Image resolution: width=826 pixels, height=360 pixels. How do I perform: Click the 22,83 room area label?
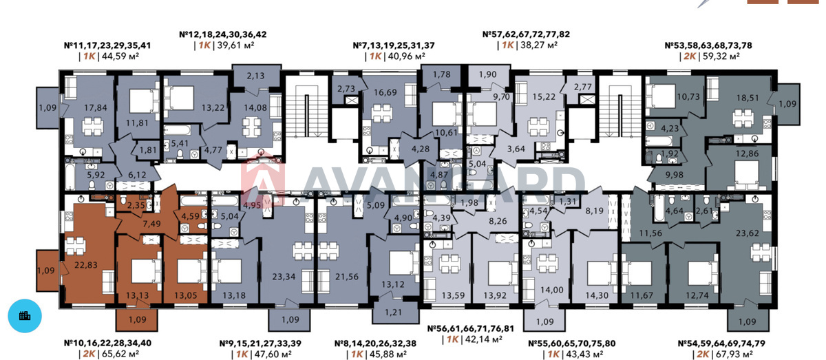(86, 265)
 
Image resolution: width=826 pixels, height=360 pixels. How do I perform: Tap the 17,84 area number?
(96, 107)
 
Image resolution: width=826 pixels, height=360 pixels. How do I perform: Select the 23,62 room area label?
(748, 233)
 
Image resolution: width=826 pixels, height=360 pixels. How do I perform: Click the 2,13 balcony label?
(255, 76)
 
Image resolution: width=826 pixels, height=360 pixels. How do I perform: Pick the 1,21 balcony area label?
(394, 313)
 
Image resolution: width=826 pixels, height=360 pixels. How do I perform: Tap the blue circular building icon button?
(25, 316)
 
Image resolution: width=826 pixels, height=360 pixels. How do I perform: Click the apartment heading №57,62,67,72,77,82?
(526, 34)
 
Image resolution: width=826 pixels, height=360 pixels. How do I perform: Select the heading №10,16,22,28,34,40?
(107, 343)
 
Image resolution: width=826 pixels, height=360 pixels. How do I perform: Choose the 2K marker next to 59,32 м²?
(690, 56)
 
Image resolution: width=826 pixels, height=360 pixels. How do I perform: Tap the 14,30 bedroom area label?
(597, 295)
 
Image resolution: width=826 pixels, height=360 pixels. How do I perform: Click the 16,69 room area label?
(385, 93)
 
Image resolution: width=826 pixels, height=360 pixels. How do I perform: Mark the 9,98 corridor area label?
(674, 176)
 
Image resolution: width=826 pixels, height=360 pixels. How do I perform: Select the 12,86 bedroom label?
(747, 153)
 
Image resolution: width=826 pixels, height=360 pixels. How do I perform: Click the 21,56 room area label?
(347, 277)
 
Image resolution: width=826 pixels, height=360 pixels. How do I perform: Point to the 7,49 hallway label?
(151, 224)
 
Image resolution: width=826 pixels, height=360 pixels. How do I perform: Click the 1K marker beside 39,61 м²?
(204, 45)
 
